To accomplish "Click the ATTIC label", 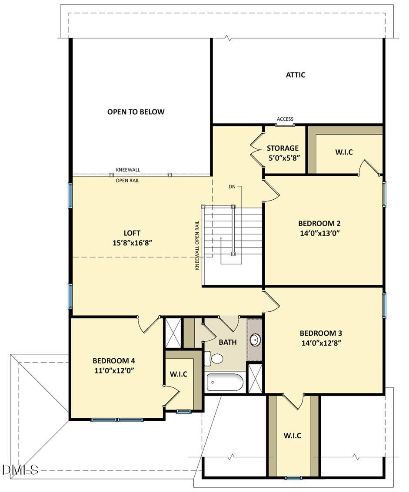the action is pos(295,75).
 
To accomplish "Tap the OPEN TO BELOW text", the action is pos(136,112).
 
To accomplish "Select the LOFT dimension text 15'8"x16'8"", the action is pos(132,243).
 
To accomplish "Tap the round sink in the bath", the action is pos(255,339).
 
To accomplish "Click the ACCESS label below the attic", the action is pos(285,119).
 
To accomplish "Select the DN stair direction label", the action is pos(232,187).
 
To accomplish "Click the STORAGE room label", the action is pos(283,148).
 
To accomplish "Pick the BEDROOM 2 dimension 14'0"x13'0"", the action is pos(319,233).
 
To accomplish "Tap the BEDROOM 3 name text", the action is pos(321,333).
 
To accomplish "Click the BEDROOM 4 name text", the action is pos(114,361).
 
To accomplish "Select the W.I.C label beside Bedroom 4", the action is pos(179,374).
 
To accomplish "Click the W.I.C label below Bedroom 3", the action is pos(292,436).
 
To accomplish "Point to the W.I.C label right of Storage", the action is pos(344,152).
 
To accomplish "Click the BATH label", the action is pos(228,342).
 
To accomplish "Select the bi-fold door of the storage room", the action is pos(258,151).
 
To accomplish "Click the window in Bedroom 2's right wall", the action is pos(384,194).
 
